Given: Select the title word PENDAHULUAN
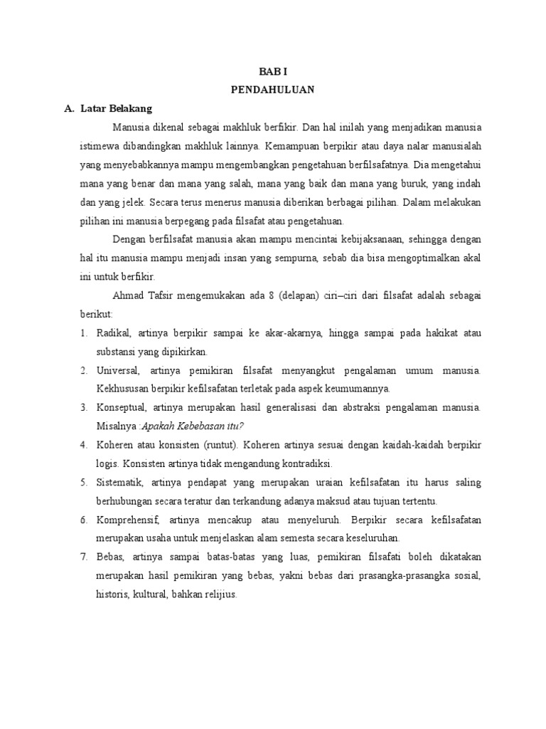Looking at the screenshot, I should click(x=274, y=90).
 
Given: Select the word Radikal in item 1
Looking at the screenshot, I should click(x=113, y=333).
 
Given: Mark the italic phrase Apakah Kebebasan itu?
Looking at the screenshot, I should click(x=193, y=426).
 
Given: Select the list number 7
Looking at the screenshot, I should click(x=82, y=557).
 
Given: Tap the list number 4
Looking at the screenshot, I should click(x=82, y=445).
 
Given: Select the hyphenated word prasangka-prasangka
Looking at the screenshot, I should click(x=405, y=575).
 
